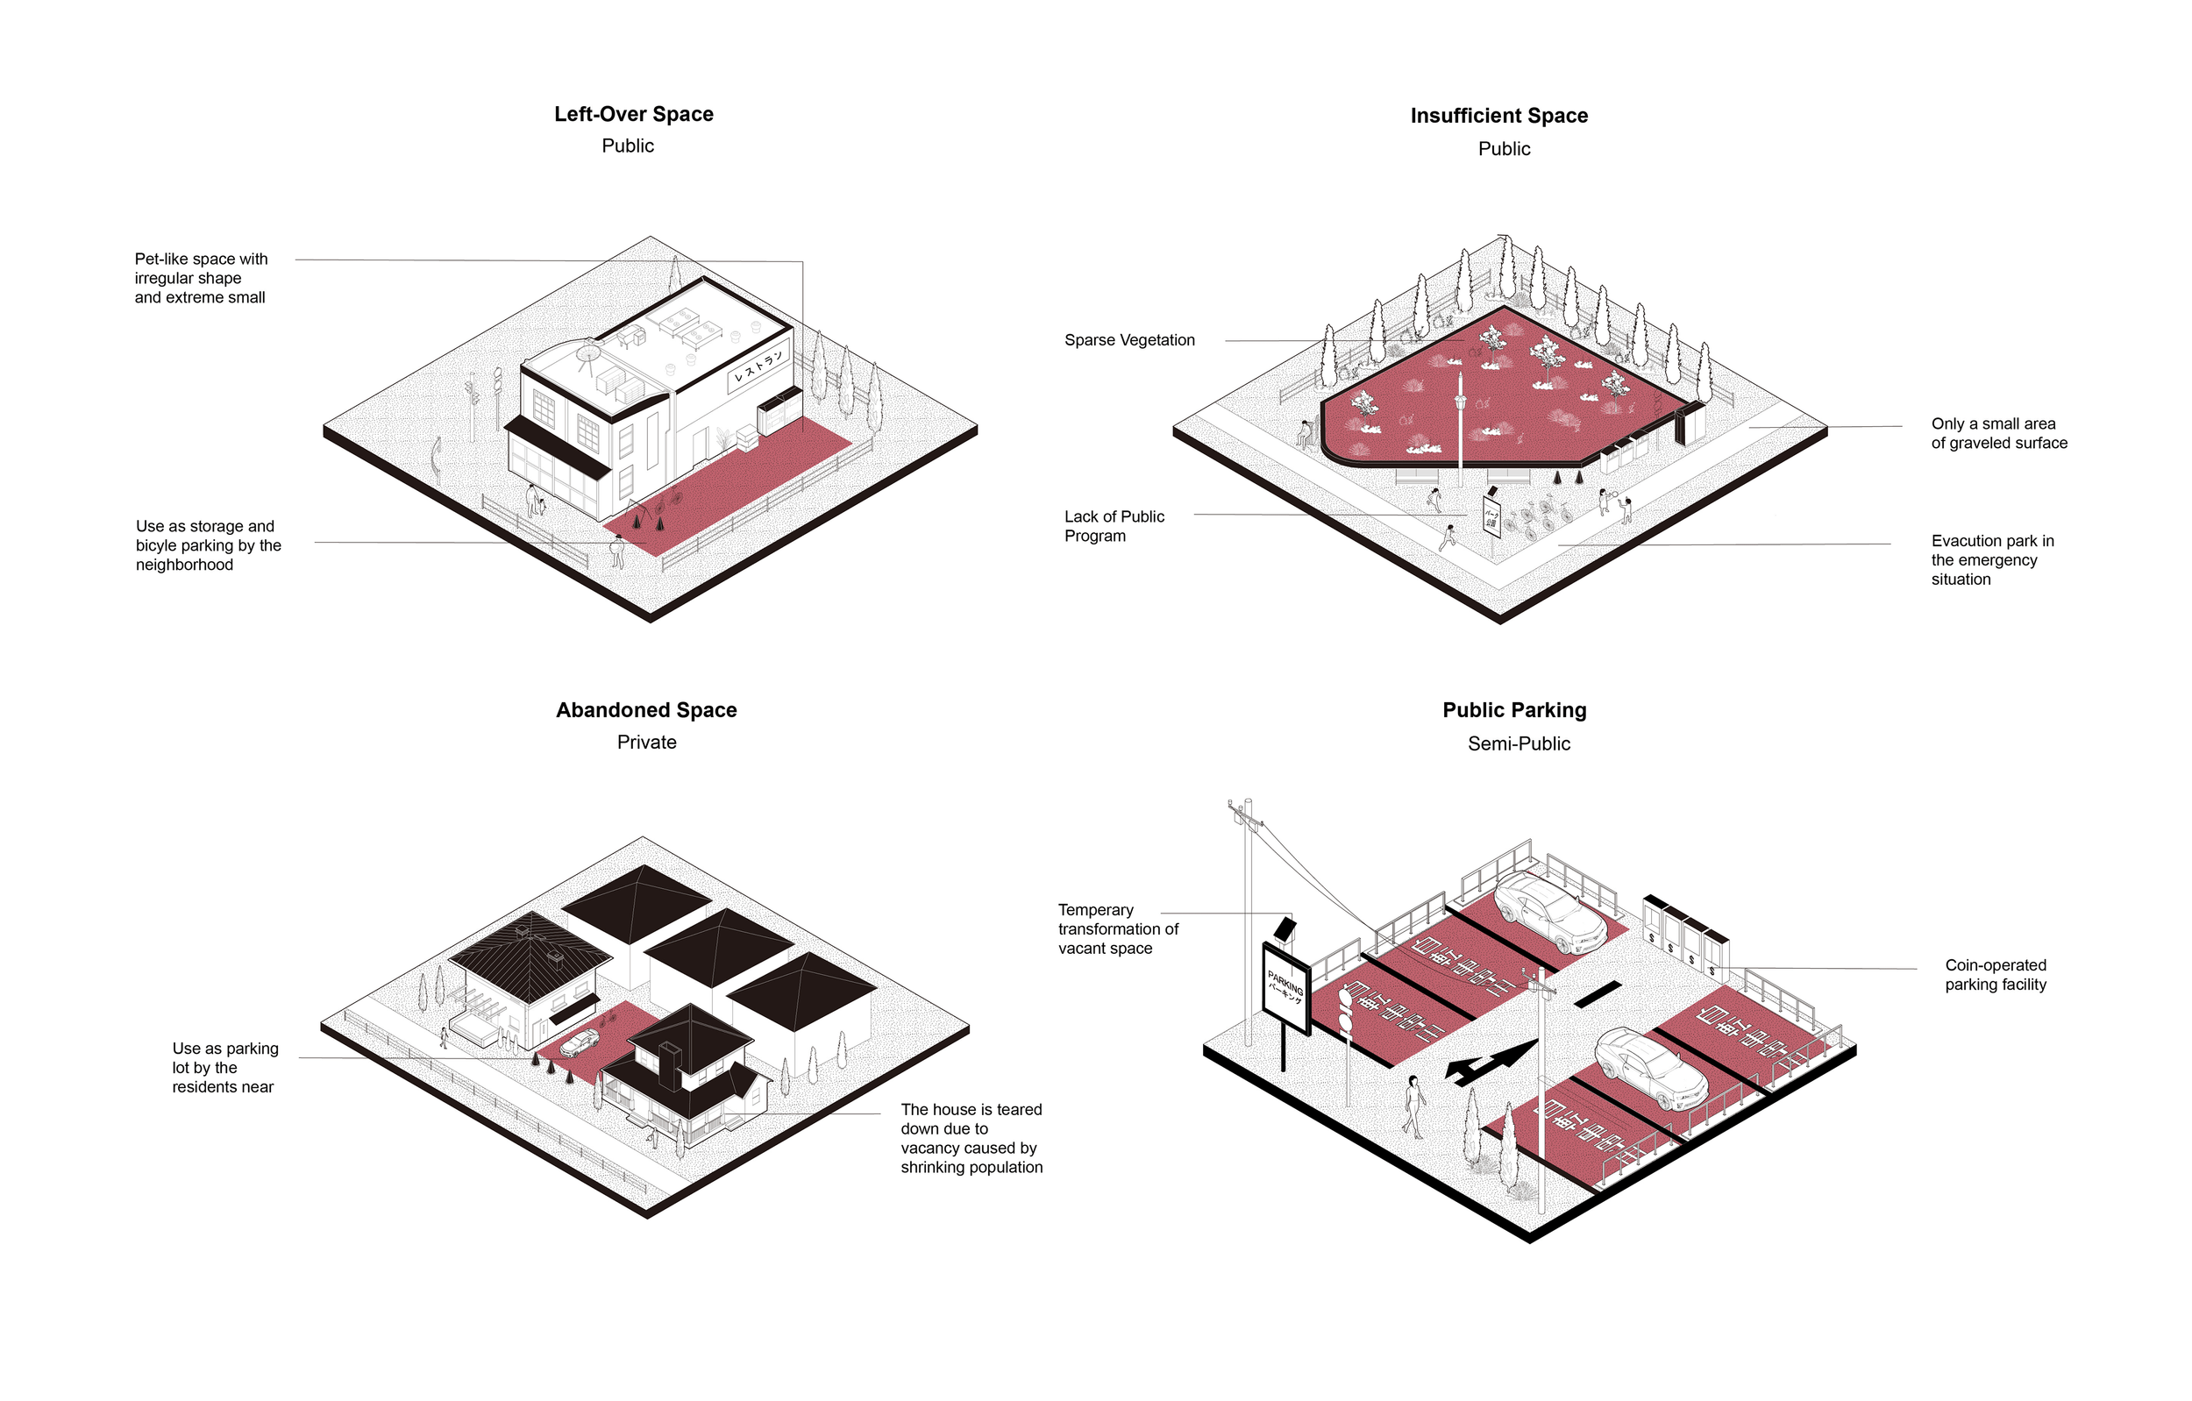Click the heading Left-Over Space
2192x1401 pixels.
point(634,114)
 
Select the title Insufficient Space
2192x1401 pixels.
point(1498,116)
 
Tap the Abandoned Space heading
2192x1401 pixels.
point(646,710)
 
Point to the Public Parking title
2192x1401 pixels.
point(1514,710)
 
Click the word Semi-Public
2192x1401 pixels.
point(1519,743)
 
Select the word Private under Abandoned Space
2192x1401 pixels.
point(646,742)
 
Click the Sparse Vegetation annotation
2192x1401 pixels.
point(1128,340)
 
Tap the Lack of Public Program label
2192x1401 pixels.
point(1114,526)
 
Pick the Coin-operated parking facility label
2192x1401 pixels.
point(1996,975)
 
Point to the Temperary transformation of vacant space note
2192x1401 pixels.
point(1117,928)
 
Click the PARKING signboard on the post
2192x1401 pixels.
point(1285,989)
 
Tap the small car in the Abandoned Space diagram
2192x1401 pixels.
point(580,1042)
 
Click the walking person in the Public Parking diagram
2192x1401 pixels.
point(1413,1106)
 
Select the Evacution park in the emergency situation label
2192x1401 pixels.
point(1992,560)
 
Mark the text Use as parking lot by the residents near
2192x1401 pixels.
point(224,1068)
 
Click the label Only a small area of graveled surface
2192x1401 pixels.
point(1999,433)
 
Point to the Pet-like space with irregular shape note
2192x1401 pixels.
point(201,278)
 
